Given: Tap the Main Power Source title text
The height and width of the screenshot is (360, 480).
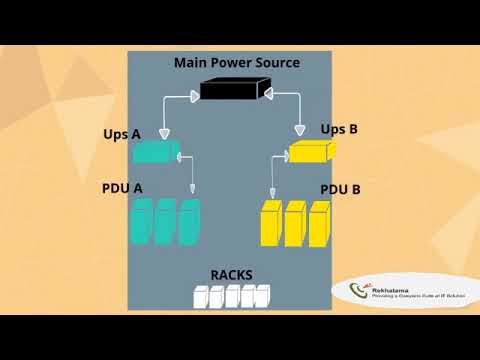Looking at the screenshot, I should (237, 62).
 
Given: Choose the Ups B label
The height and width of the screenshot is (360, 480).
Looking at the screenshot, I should (339, 129).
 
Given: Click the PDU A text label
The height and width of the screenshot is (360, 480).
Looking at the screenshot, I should (122, 187).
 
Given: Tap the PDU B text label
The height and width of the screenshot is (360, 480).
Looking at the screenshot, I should (340, 189).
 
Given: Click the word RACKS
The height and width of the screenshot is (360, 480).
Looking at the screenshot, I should (231, 275).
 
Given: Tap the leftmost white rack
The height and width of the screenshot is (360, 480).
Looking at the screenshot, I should (200, 296).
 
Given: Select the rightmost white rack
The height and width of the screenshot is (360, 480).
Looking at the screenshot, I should (262, 296).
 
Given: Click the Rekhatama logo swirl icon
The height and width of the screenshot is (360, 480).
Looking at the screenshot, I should (359, 292).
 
